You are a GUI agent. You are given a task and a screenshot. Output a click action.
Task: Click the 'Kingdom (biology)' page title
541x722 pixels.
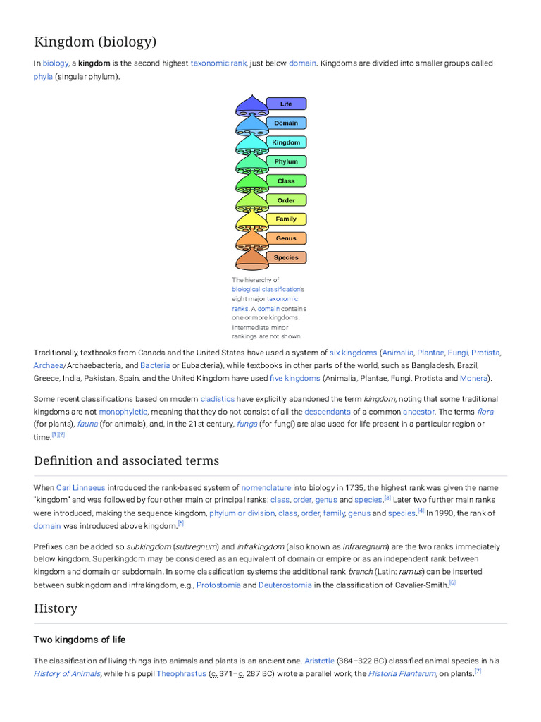click(x=95, y=42)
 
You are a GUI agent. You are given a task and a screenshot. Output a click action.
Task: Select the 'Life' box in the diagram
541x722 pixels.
click(x=286, y=104)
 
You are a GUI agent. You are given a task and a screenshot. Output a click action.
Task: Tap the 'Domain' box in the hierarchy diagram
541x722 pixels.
click(x=286, y=123)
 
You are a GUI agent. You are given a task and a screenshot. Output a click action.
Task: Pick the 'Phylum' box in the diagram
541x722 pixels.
click(x=286, y=161)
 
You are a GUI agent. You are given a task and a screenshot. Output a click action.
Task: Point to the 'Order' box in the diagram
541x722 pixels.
click(x=286, y=200)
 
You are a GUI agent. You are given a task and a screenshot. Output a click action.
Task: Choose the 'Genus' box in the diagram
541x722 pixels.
click(x=286, y=238)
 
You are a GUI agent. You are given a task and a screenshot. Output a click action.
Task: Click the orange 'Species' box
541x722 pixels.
click(x=286, y=257)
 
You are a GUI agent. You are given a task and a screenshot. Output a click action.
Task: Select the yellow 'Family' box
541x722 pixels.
click(x=286, y=219)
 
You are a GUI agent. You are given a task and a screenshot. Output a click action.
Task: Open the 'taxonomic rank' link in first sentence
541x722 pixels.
click(x=218, y=63)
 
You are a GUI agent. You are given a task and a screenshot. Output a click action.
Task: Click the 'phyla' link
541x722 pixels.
click(x=43, y=76)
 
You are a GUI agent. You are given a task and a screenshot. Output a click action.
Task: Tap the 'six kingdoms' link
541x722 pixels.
click(x=353, y=353)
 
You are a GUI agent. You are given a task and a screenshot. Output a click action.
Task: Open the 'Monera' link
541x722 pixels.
click(x=473, y=378)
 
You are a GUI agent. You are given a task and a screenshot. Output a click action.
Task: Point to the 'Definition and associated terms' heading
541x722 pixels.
click(x=126, y=460)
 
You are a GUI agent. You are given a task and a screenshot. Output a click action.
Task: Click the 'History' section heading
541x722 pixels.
click(x=56, y=608)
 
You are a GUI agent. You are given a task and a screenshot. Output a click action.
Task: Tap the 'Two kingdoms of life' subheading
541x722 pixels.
click(x=80, y=640)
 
